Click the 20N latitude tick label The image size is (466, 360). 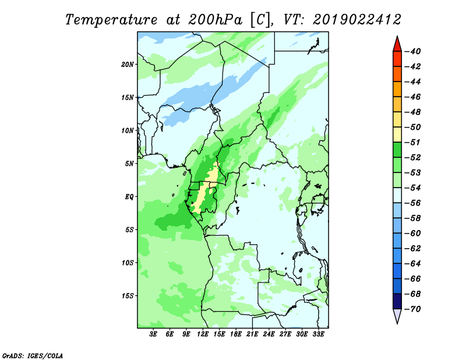[128, 65]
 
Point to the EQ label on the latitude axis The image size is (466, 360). [129, 197]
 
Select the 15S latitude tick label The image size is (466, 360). [128, 296]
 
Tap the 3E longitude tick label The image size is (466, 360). [153, 334]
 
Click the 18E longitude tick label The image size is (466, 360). [236, 334]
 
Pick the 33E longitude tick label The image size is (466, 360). [318, 334]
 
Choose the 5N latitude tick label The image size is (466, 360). [129, 164]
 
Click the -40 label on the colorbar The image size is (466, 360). [413, 51]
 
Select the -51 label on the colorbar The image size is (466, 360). [413, 142]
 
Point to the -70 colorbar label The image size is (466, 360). [413, 309]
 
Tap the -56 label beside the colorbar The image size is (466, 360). [413, 203]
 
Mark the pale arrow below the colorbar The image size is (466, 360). [397, 316]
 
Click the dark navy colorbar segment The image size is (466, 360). [397, 301]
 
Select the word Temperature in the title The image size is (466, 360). [111, 20]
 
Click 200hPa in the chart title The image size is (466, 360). [216, 20]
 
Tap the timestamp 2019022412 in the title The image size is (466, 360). [357, 20]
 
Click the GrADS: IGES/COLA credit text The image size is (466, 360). [33, 356]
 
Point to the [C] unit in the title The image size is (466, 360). [260, 20]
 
